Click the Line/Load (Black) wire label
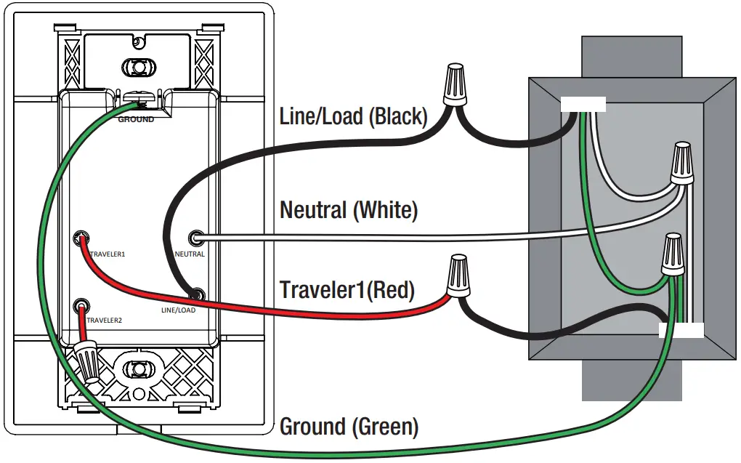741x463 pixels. tap(354, 116)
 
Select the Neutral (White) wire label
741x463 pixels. tap(349, 210)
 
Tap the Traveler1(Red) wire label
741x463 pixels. tap(347, 290)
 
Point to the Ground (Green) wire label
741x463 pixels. tap(349, 427)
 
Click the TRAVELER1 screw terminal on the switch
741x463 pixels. tap(82, 238)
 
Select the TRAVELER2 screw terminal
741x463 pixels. tap(82, 306)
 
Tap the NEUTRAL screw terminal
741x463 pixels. tap(196, 238)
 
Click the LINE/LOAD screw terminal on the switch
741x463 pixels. tap(197, 295)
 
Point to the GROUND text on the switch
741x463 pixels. tap(136, 120)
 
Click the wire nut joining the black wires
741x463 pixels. tap(455, 84)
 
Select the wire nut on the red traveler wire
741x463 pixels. tap(458, 276)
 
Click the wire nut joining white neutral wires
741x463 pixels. tap(683, 162)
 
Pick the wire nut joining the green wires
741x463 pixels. tap(673, 254)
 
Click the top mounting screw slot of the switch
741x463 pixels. tap(139, 67)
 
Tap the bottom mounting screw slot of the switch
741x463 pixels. tap(139, 369)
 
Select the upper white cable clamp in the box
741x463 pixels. tap(583, 104)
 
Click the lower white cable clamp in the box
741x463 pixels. tap(681, 330)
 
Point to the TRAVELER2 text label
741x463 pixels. tap(104, 321)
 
